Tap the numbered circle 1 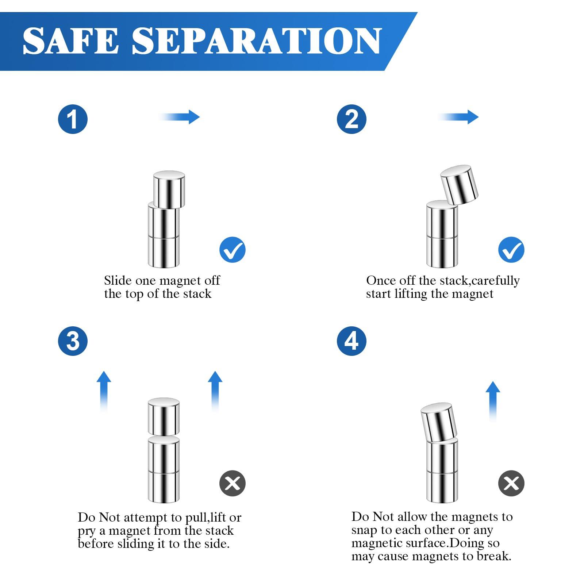73,119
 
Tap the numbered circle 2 351,119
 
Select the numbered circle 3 73,341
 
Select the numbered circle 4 351,341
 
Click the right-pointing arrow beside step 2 458,117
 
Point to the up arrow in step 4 493,401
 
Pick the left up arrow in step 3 104,392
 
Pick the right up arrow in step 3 215,392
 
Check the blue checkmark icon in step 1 233,250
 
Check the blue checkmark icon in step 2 511,250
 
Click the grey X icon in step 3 233,483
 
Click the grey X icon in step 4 511,483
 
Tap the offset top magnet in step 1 169,189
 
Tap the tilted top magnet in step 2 459,185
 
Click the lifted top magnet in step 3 164,416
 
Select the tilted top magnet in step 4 439,423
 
